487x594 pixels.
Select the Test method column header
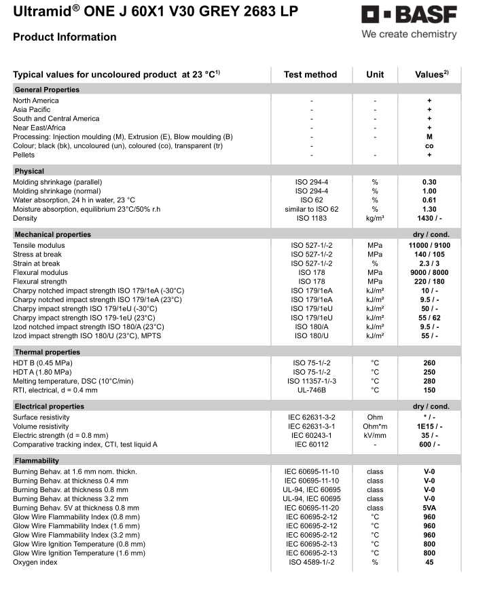(310, 75)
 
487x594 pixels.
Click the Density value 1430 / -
(429, 219)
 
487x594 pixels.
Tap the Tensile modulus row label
(39, 245)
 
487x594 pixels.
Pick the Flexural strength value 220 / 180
(429, 282)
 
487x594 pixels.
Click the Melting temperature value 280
(429, 381)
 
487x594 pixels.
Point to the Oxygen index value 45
(429, 562)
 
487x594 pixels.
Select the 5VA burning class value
(429, 508)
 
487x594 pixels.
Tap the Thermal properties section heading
(48, 352)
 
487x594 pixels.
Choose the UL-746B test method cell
(310, 390)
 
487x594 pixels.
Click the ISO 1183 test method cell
(310, 219)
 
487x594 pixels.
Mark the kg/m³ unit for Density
(375, 219)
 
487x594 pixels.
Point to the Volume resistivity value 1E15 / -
(429, 426)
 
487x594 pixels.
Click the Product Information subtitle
(65, 37)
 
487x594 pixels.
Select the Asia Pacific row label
(31, 109)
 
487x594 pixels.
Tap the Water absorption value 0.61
(429, 200)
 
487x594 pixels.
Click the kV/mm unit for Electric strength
(375, 435)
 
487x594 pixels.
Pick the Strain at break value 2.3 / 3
(429, 263)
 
